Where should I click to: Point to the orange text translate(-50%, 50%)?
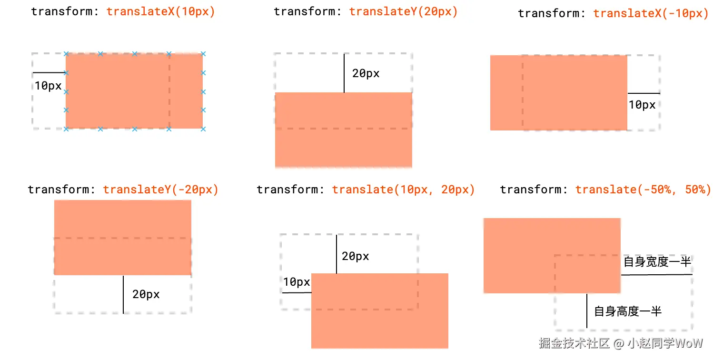(x=643, y=190)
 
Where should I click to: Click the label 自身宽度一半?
(x=657, y=262)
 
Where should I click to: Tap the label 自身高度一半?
(x=628, y=311)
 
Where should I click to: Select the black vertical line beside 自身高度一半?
(x=587, y=310)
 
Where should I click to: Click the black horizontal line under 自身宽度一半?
(x=656, y=275)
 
